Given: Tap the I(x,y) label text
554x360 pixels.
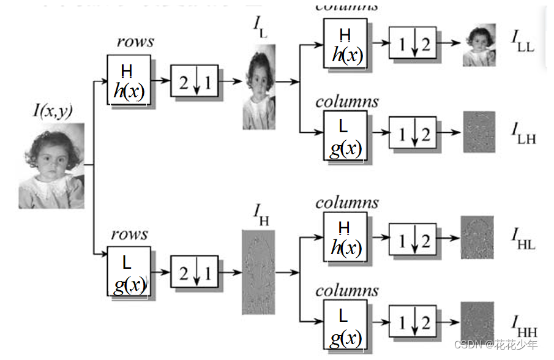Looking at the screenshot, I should coord(53,111).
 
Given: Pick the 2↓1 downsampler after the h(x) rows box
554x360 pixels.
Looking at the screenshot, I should coord(194,81).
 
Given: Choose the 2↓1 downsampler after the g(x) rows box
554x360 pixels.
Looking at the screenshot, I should coord(194,273).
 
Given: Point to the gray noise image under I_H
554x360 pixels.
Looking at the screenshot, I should coord(258,272).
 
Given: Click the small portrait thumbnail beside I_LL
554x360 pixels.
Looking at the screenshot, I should coord(479,45).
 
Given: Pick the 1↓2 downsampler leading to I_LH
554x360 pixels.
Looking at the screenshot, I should coord(413,132).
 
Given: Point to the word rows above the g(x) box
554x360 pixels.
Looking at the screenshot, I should coord(129,234).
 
